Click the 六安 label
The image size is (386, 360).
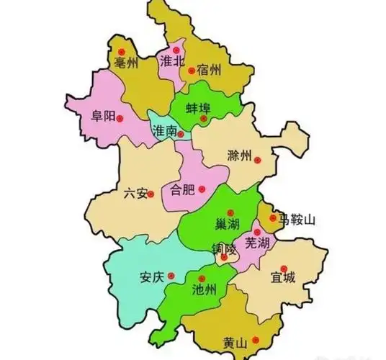[x=135, y=193]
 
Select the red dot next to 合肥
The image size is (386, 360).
[x=202, y=189]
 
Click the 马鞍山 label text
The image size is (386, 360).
[x=298, y=218]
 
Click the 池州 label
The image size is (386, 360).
[x=205, y=291]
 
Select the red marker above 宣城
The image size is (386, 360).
[x=284, y=266]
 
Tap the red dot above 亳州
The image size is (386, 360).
[x=122, y=52]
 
